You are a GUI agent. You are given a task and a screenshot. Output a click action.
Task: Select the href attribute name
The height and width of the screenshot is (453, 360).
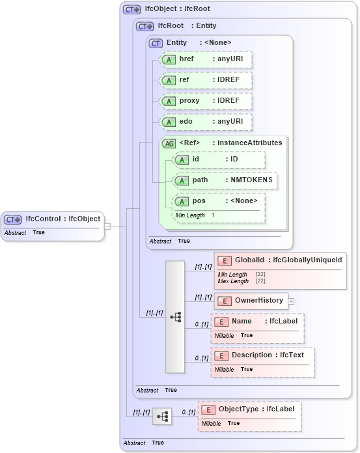(187, 59)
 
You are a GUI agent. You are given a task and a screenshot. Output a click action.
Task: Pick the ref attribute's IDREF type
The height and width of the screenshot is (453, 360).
(229, 79)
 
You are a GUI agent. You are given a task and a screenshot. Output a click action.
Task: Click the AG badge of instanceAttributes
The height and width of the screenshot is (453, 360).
(169, 143)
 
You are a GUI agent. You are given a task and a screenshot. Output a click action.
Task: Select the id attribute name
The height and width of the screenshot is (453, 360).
(195, 159)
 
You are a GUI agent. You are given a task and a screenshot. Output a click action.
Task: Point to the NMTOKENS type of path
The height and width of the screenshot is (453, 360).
(252, 180)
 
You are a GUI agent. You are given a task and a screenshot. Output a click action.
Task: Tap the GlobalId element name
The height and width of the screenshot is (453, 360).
(250, 260)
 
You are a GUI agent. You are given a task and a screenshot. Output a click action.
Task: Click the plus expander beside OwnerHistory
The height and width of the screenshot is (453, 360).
(291, 301)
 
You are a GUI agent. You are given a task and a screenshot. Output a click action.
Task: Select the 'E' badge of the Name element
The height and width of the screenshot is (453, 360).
(222, 322)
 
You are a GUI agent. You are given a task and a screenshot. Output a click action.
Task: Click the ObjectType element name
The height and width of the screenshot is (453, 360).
(238, 409)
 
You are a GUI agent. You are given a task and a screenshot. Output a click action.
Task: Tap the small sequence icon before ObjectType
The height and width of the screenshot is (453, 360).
(162, 416)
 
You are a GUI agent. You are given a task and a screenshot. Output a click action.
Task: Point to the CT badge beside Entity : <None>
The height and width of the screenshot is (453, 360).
(156, 43)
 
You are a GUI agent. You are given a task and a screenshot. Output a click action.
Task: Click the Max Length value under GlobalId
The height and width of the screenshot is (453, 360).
(260, 281)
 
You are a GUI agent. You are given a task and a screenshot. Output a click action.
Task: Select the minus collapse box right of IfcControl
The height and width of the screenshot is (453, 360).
(107, 226)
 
